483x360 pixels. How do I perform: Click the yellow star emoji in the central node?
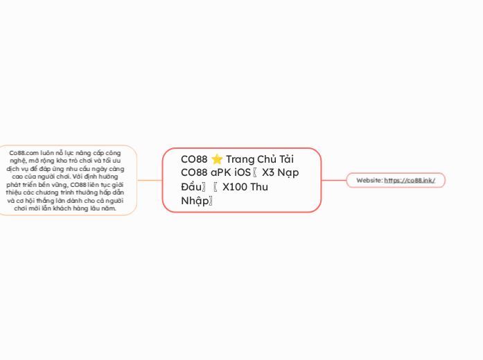tap(216, 159)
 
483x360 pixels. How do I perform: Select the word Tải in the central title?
tap(286, 159)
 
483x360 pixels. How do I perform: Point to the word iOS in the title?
tap(243, 173)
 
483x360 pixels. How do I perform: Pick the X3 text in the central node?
tap(269, 173)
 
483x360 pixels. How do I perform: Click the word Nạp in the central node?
tap(289, 173)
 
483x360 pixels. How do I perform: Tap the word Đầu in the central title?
tap(193, 187)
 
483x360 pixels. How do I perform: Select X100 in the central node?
tap(236, 187)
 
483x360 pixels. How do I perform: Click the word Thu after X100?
tap(260, 187)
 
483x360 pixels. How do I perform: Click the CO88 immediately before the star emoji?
tap(194, 159)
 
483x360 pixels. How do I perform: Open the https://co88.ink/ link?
tap(410, 180)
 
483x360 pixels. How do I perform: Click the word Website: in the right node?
tap(369, 180)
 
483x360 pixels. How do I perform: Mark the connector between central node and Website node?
tap(333, 180)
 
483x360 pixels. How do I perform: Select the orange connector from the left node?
tap(150, 180)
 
